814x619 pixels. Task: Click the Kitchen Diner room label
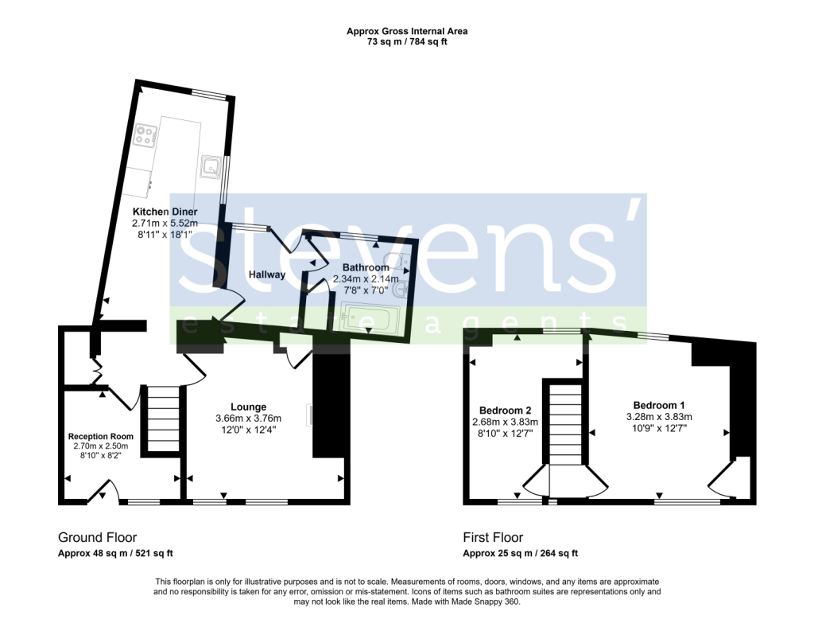tap(165, 212)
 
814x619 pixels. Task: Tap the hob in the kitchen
tap(145, 134)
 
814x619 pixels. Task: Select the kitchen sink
tap(211, 165)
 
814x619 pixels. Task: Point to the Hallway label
tap(266, 274)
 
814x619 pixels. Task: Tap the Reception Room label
tap(100, 436)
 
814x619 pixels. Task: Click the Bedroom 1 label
tap(659, 404)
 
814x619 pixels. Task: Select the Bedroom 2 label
tap(506, 411)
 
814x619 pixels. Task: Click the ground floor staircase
tap(165, 419)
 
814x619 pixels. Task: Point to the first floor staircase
tap(566, 422)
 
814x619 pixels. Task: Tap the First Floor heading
tap(493, 538)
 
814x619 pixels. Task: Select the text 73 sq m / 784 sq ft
tap(406, 41)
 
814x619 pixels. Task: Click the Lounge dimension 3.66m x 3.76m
tap(248, 419)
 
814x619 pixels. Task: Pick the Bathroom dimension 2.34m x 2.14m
tap(366, 279)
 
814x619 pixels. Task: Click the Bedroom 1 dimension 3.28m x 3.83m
tap(659, 416)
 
